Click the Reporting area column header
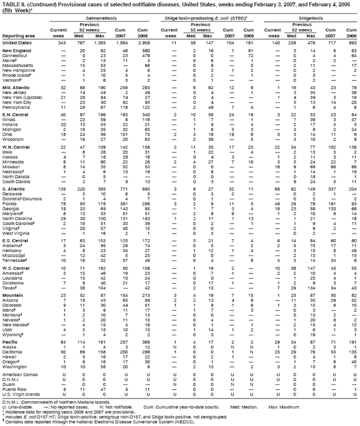17,35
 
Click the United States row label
17,43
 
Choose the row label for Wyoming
12,350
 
